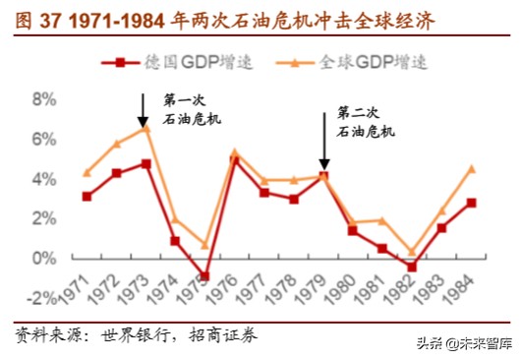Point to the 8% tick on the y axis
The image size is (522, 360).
(44, 99)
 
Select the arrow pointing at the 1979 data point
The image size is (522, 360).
(323, 138)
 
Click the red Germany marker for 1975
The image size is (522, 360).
(203, 276)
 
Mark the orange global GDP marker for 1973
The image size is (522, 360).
(145, 128)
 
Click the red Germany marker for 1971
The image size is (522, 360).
(87, 197)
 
